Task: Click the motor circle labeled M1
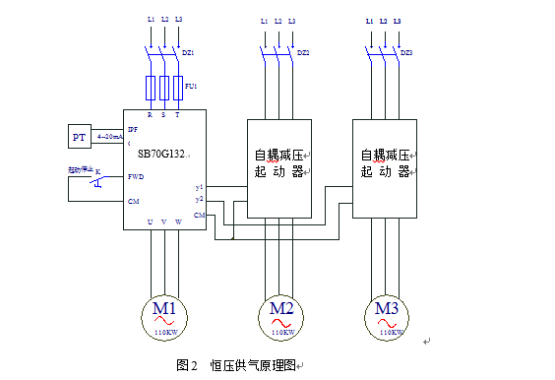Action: pyautogui.click(x=164, y=316)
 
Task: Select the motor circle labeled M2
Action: pyautogui.click(x=281, y=316)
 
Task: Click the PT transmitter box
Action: pyautogui.click(x=80, y=136)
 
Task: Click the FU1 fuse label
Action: pyautogui.click(x=191, y=87)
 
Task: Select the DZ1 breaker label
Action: pyautogui.click(x=189, y=51)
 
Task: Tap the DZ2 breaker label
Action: pyautogui.click(x=303, y=51)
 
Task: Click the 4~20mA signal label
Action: pyautogui.click(x=109, y=138)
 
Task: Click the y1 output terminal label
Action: pyautogui.click(x=199, y=186)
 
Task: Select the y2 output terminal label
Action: pyautogui.click(x=199, y=199)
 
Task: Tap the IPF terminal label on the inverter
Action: pyautogui.click(x=133, y=129)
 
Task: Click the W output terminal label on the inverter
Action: pyautogui.click(x=177, y=222)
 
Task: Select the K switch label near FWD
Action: pyautogui.click(x=97, y=171)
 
